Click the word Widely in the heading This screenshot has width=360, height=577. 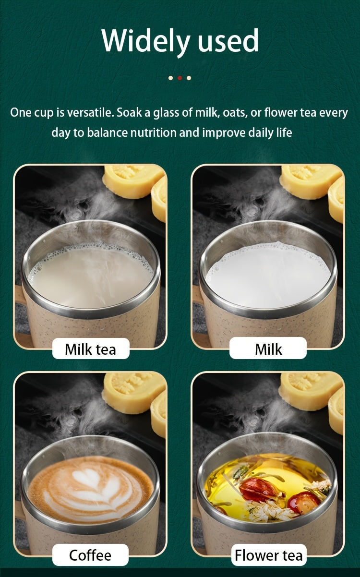tap(146, 42)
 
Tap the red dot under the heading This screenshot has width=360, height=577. tap(180, 78)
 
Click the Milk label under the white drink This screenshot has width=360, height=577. tap(268, 349)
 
